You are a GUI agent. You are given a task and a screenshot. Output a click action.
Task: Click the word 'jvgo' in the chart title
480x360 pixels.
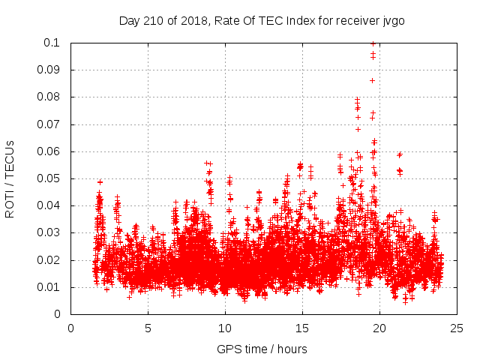click(x=392, y=20)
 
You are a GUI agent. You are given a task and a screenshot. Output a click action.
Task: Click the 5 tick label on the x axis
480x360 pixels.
click(x=148, y=328)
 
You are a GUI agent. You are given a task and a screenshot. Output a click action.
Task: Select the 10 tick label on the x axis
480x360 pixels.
click(x=225, y=328)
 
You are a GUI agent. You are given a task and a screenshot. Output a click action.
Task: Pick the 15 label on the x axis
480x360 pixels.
click(x=302, y=328)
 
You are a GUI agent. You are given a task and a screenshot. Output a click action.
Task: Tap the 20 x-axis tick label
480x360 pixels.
click(x=379, y=328)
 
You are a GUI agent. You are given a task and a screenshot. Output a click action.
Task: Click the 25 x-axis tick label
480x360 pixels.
click(x=457, y=328)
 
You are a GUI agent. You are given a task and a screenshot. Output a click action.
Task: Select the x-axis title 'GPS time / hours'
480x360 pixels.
click(x=263, y=349)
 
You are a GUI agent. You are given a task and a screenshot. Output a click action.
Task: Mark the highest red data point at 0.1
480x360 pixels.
click(x=373, y=43)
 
